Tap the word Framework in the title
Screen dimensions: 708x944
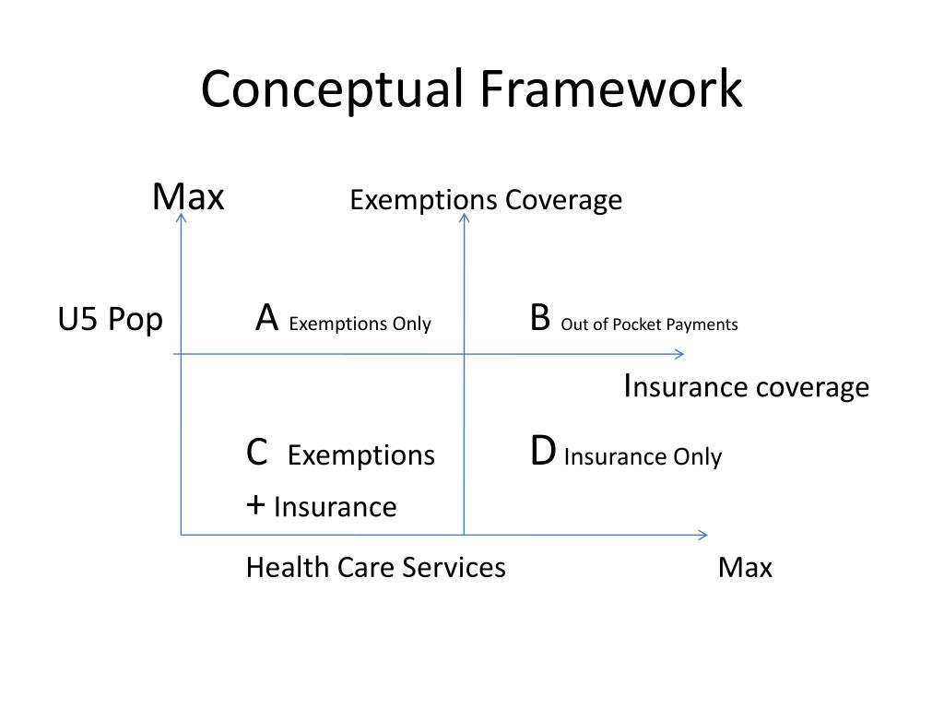coord(610,90)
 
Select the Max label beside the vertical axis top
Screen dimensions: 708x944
coord(188,196)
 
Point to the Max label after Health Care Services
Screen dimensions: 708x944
coord(745,567)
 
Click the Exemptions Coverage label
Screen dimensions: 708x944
coord(486,200)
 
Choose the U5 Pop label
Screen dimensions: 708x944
coord(111,320)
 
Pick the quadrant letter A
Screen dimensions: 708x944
coord(267,318)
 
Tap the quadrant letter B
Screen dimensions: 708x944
coord(540,318)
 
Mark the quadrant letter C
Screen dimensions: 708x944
coord(257,454)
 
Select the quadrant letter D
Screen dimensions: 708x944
coord(543,453)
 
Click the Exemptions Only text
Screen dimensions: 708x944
coord(360,324)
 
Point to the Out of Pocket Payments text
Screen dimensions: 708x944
coord(649,324)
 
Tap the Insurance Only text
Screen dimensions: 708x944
coord(643,456)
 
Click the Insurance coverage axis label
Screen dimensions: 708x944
coord(746,386)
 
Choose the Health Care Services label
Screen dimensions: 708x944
coord(375,567)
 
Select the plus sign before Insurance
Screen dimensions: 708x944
coord(256,505)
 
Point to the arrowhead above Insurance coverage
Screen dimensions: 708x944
coord(679,354)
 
